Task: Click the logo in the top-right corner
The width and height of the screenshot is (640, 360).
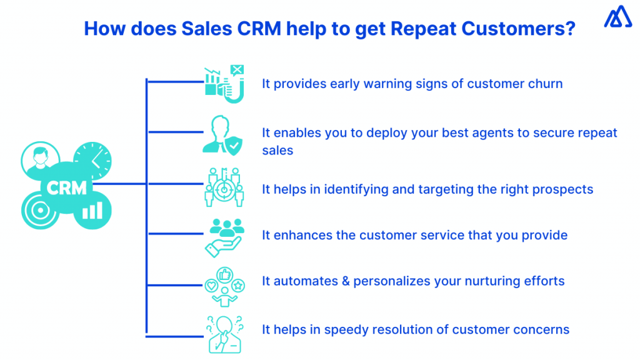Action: (617, 17)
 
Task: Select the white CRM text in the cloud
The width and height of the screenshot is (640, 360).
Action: (67, 187)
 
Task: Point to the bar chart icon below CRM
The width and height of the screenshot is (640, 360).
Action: (92, 211)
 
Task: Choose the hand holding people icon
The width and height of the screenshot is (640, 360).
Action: (224, 236)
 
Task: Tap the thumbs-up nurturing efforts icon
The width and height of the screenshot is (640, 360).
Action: (224, 285)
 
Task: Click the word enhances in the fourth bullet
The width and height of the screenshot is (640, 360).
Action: (296, 236)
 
